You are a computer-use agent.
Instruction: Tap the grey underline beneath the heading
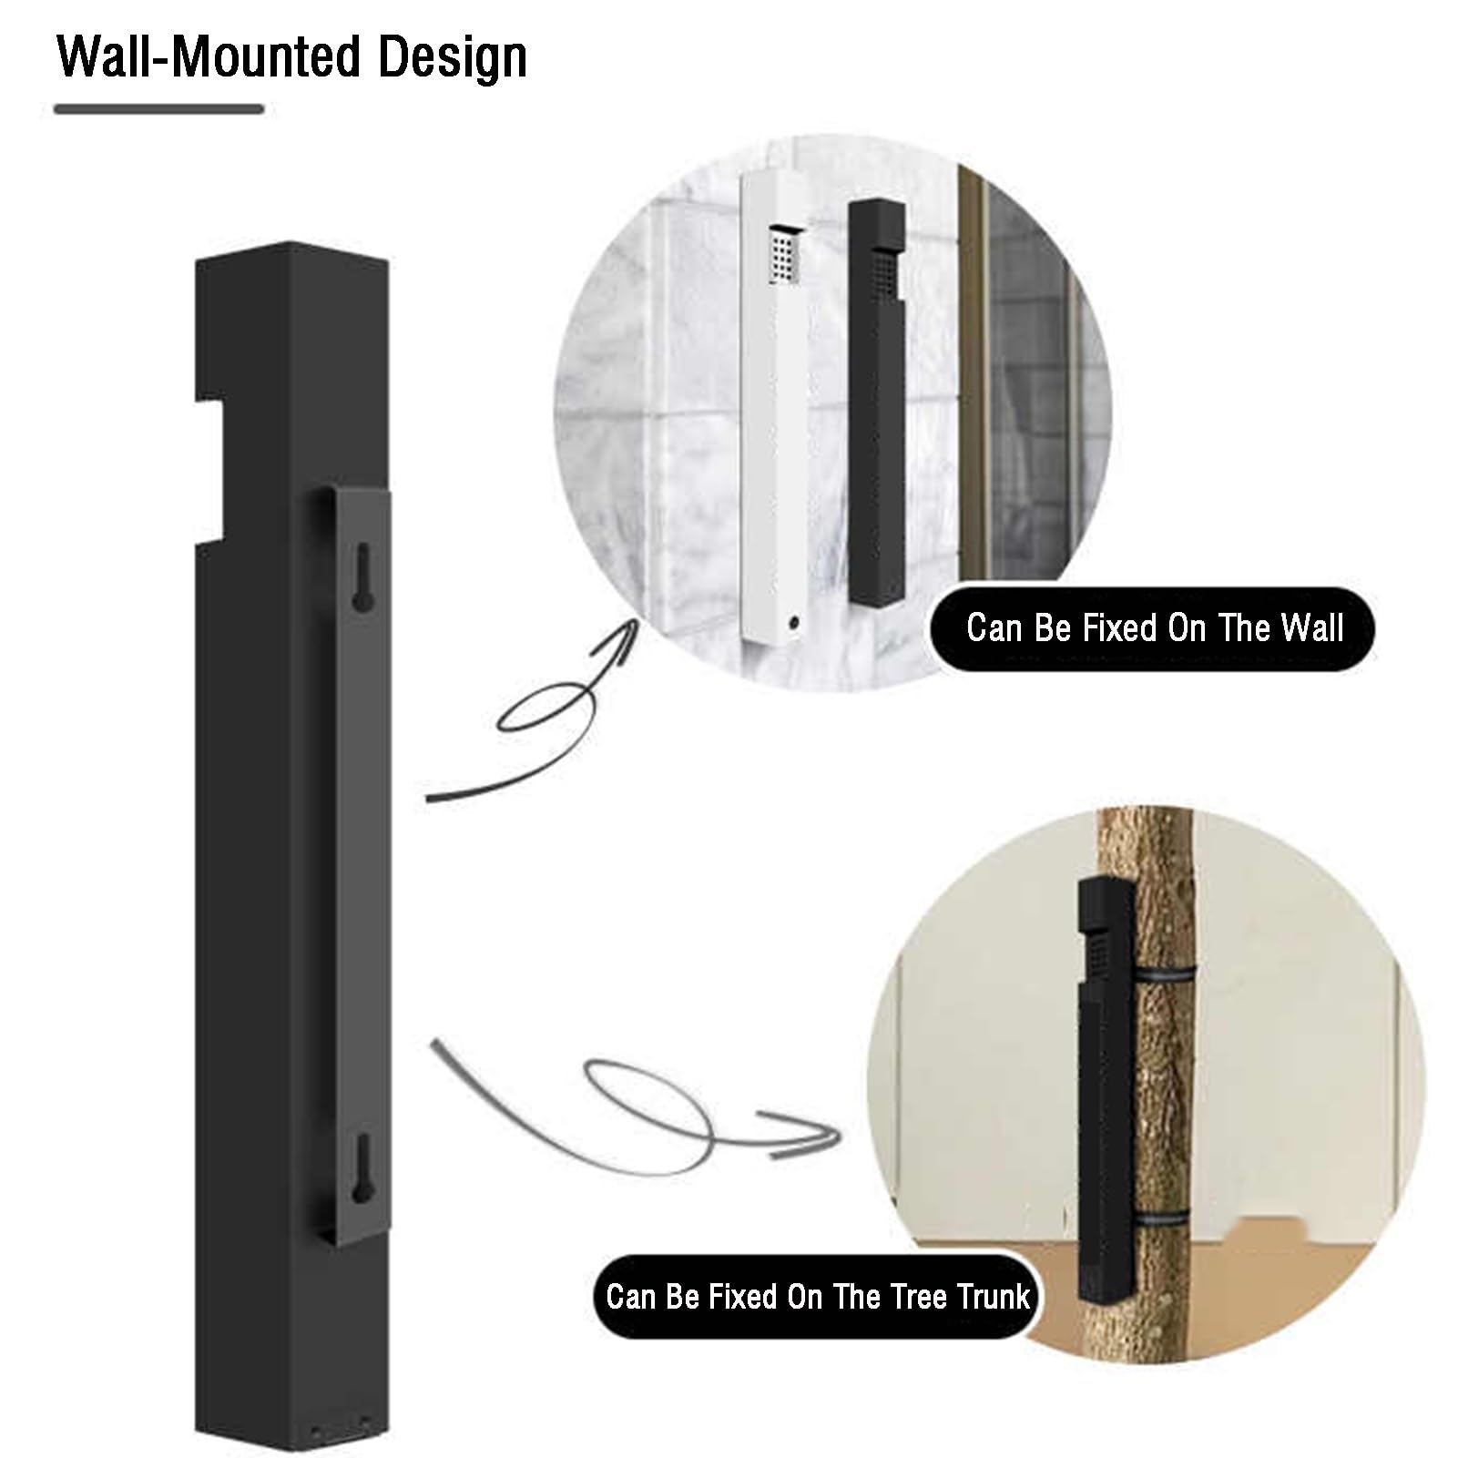point(158,109)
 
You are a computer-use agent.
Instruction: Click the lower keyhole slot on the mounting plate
point(362,1165)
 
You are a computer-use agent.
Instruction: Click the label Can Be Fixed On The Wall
point(1154,628)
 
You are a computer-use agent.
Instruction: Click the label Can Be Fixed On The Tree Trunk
point(817,1297)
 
